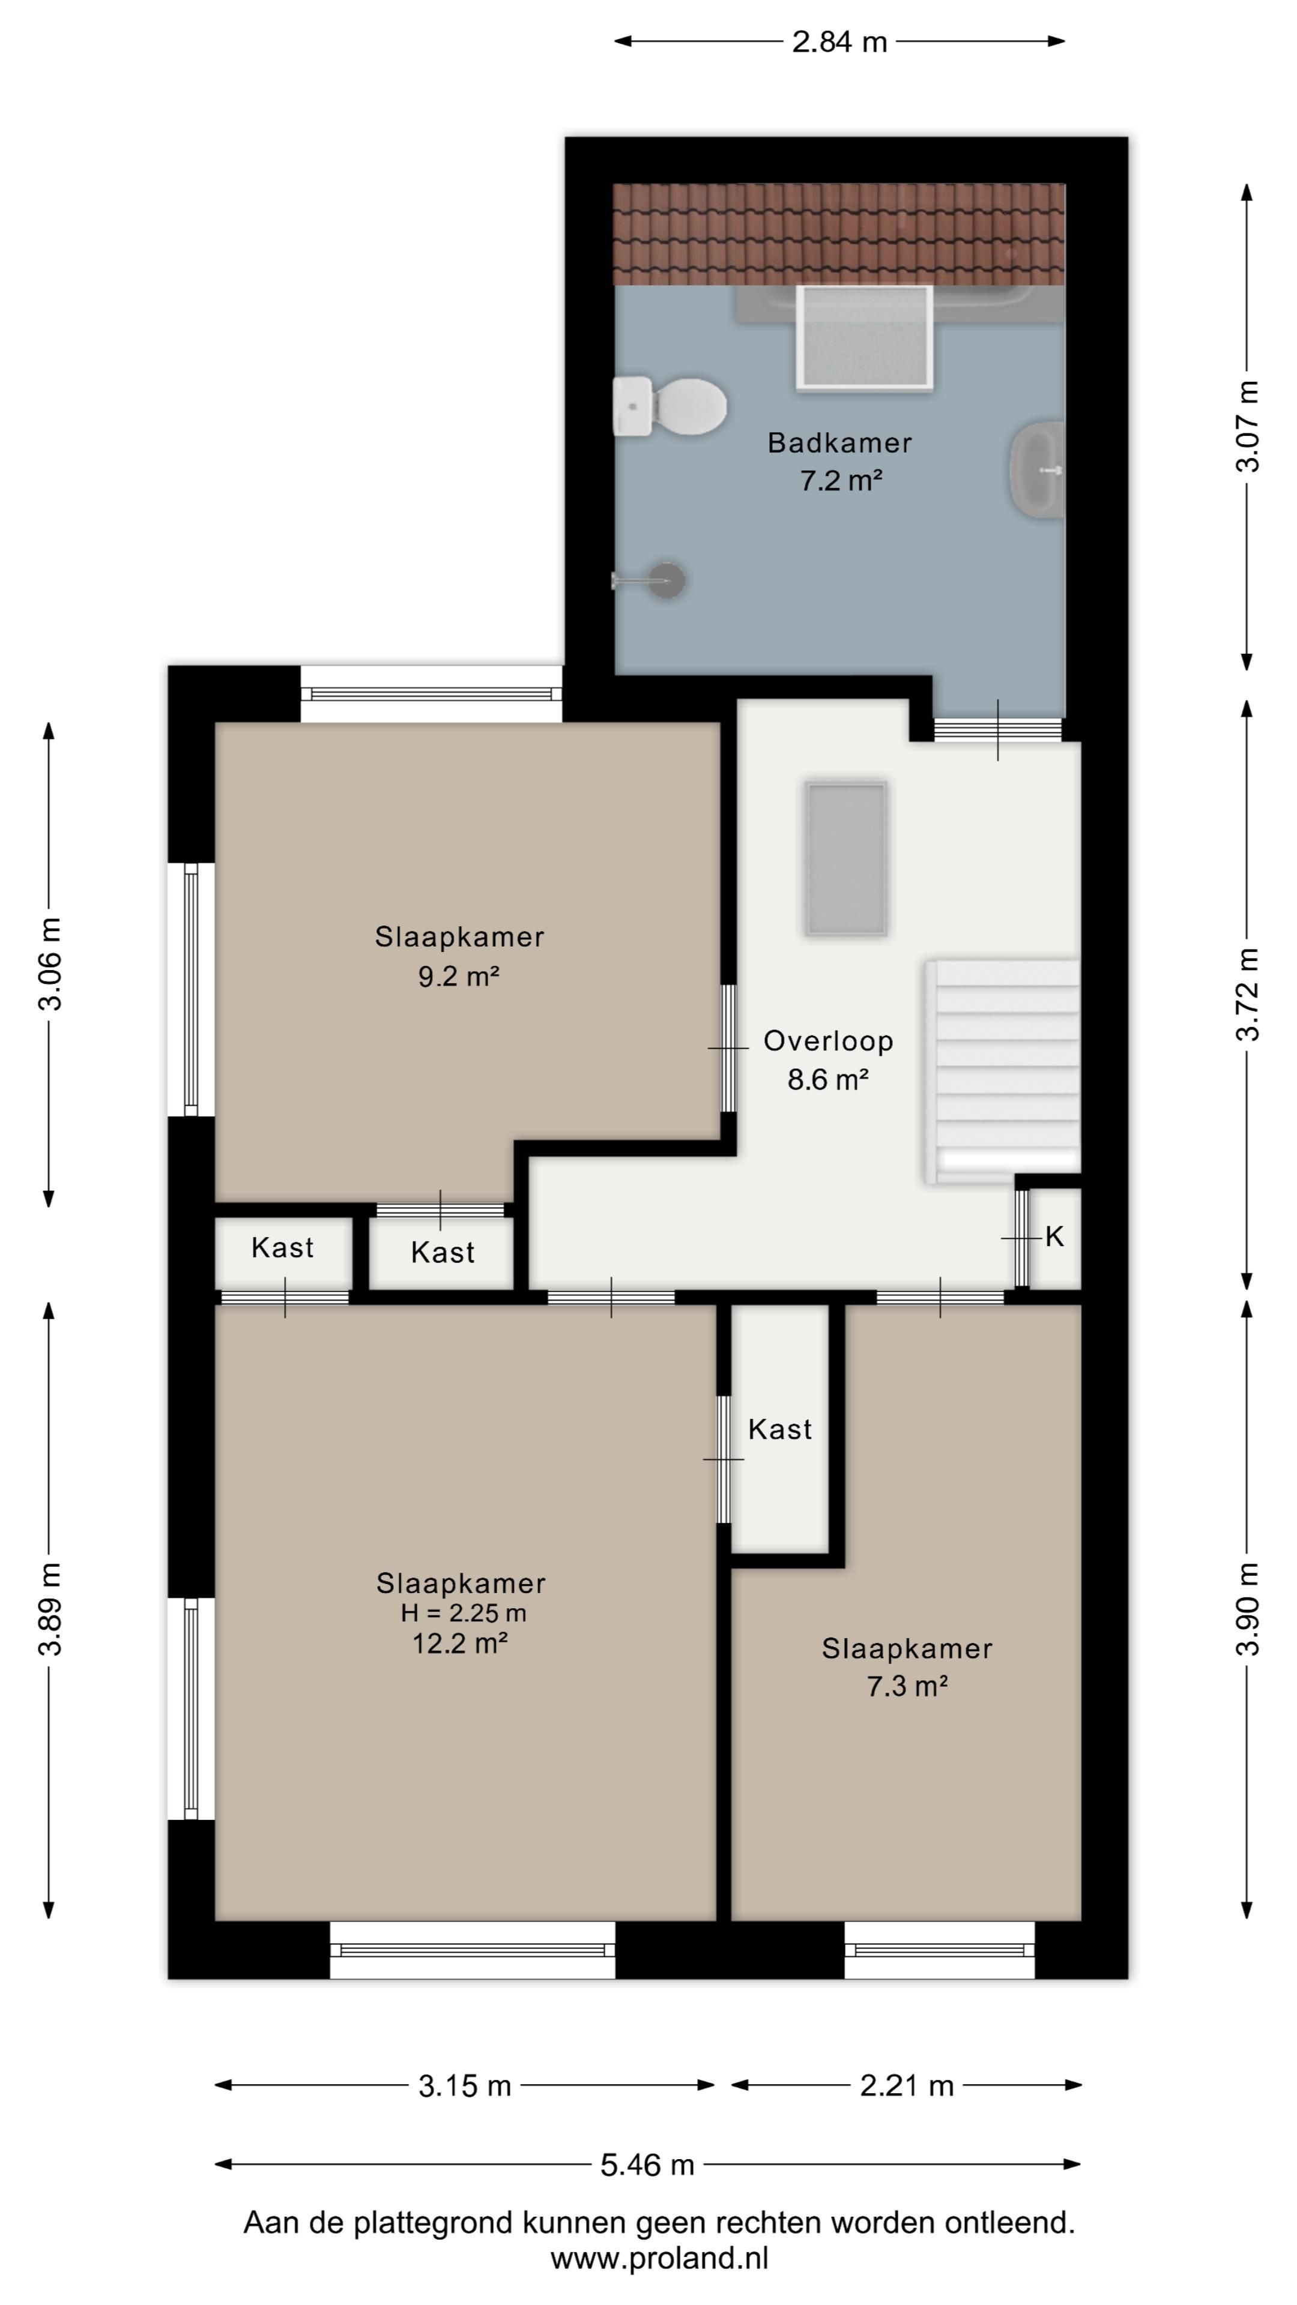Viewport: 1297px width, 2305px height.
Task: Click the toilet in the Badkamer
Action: coord(669,406)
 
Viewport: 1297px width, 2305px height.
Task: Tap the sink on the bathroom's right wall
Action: coord(1038,469)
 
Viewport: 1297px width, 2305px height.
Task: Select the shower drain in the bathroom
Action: coord(666,580)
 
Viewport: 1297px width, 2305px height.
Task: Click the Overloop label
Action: coord(828,1041)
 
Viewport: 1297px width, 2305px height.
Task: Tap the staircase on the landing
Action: coord(1001,1071)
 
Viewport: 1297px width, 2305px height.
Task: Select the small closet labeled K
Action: coord(1054,1238)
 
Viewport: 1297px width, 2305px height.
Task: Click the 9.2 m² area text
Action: coord(458,975)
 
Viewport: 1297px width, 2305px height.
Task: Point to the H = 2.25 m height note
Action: coord(463,1612)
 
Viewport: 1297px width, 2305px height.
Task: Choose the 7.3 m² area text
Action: coord(907,1687)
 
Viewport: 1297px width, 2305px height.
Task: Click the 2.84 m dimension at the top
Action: coord(839,41)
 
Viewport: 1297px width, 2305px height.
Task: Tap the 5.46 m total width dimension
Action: coord(647,2165)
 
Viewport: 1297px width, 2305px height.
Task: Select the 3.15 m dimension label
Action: coord(465,2086)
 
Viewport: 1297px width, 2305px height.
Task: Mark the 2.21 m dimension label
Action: coord(907,2086)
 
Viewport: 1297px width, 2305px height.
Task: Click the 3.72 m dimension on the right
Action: coord(1247,994)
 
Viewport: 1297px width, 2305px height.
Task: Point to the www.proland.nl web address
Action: coord(660,2258)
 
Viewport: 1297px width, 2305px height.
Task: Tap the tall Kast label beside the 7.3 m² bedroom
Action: coord(779,1429)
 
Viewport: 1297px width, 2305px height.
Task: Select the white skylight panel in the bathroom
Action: coord(865,337)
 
